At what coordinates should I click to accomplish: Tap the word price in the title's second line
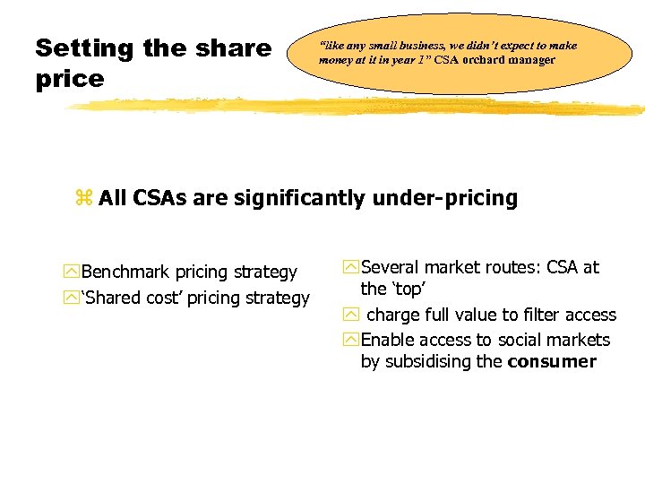click(70, 79)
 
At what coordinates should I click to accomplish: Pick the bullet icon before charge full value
click(351, 315)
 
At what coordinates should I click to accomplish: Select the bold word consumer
click(552, 362)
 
